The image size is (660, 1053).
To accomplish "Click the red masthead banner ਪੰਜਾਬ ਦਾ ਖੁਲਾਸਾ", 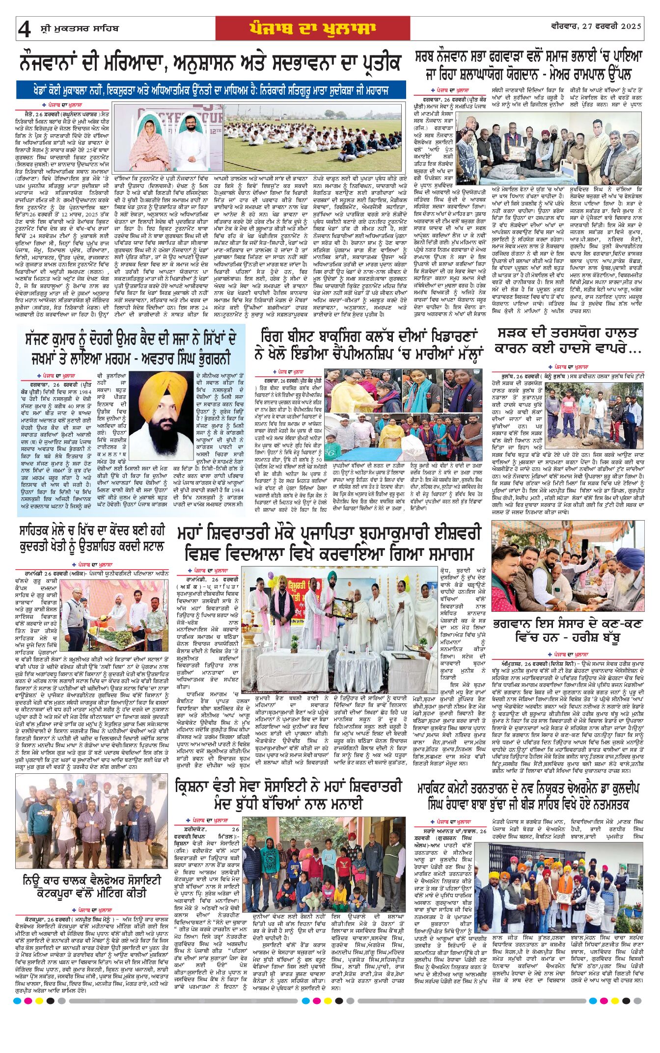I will coord(312,28).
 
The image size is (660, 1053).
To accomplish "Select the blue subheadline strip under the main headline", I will coord(211,90).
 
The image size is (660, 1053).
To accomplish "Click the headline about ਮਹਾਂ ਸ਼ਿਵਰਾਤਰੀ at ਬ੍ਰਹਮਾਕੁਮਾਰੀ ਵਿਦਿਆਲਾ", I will coord(329,543).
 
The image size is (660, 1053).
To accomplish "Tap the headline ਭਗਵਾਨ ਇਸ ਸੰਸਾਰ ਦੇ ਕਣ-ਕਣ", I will coord(568,631).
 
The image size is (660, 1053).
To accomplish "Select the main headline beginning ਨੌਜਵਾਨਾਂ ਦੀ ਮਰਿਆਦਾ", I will coord(211,63).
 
